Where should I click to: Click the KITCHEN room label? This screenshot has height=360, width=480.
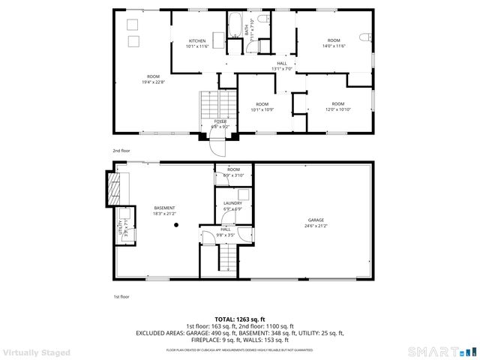coord(197,40)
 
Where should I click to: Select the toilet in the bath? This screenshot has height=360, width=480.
coord(262,19)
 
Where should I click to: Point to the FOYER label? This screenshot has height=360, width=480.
coord(220,121)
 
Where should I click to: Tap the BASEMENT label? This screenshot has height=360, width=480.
coord(164,208)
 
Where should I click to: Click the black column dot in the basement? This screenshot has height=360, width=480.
coord(176,224)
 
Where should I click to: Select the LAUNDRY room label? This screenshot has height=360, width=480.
coord(232,203)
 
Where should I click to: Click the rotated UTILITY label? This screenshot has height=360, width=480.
coord(120,227)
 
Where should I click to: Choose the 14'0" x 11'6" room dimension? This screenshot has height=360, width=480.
coord(334,46)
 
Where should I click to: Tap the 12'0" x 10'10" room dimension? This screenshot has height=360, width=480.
coord(338,109)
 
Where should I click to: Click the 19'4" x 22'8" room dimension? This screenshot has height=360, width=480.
coord(153,82)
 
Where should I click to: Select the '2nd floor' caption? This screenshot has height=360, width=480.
coord(121,151)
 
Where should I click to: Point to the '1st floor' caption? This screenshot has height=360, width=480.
coord(121,297)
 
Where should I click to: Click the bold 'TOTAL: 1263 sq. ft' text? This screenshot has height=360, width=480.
coord(240,319)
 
